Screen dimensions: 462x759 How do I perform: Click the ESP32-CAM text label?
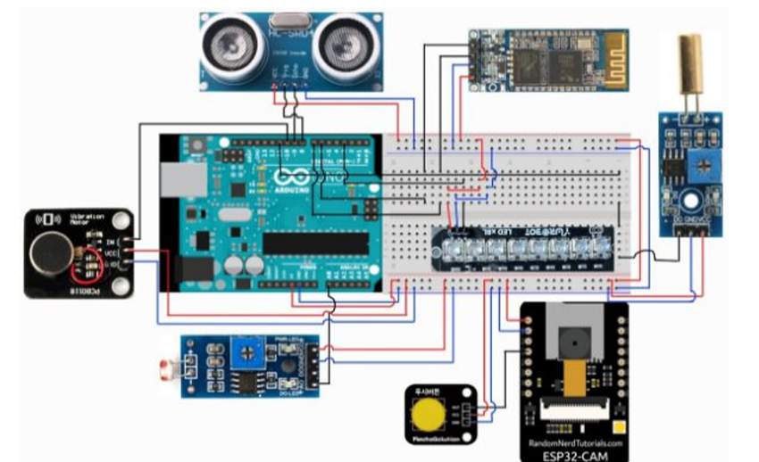click(x=572, y=453)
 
